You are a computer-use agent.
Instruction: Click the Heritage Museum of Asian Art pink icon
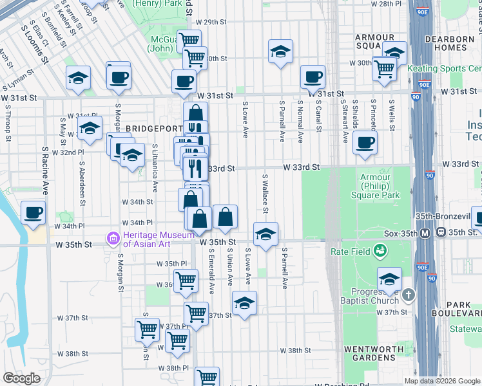click(x=114, y=240)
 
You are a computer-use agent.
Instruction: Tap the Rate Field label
click(x=352, y=252)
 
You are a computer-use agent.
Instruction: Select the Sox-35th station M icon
click(x=425, y=232)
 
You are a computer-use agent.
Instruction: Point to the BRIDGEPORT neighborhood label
click(x=150, y=129)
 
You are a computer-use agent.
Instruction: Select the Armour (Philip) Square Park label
click(x=380, y=186)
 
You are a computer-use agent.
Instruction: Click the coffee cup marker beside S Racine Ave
click(x=34, y=212)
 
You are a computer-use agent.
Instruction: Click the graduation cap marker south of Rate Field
click(x=389, y=279)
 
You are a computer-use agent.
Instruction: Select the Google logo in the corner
click(x=21, y=379)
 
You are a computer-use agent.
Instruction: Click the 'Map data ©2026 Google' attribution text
click(x=441, y=381)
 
